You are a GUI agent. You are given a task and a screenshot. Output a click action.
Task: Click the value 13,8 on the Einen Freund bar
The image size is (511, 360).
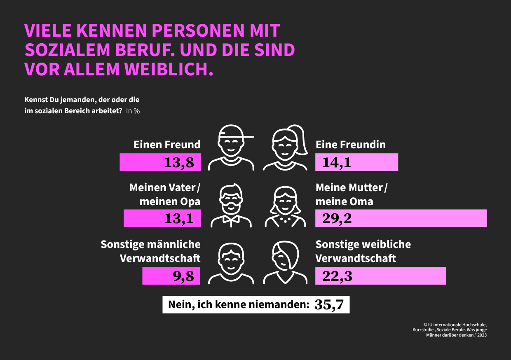click(179, 163)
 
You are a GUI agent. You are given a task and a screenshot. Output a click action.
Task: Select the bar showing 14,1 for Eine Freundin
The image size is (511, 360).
click(356, 162)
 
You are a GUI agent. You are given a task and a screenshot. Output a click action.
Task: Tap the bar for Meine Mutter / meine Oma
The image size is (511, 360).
click(401, 218)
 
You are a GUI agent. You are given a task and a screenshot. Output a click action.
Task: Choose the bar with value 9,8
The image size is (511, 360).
click(171, 276)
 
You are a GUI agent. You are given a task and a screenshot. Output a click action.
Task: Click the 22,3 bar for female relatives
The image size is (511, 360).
click(380, 276)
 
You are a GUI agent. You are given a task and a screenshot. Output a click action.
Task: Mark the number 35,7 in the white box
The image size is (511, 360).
click(329, 305)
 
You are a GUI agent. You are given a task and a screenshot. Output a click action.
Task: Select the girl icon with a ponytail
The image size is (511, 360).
click(286, 147)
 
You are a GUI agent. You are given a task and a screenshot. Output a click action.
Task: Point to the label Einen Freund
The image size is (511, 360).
click(167, 145)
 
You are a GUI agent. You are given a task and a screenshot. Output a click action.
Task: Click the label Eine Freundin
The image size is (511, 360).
click(351, 145)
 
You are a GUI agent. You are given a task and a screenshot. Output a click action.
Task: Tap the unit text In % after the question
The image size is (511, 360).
click(133, 111)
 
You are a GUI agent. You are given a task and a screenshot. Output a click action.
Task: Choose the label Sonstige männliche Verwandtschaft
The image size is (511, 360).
click(151, 251)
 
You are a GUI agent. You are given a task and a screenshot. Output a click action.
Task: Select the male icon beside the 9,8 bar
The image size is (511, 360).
click(231, 263)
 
